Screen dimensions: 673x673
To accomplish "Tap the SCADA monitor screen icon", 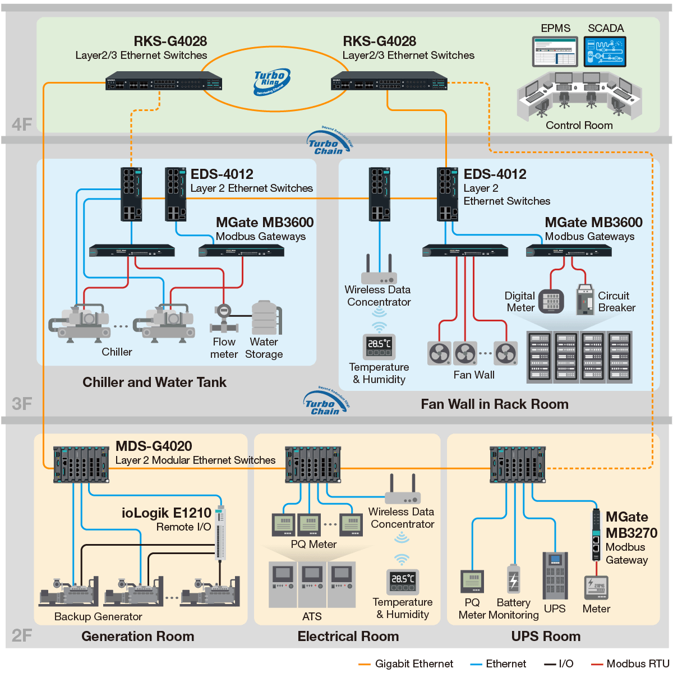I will click(605, 52).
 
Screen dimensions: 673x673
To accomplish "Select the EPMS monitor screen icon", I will click(555, 52).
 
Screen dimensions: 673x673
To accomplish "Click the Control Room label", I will click(579, 126).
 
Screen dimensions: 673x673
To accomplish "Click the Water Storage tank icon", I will click(265, 317).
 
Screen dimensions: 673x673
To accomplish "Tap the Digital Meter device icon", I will click(551, 301).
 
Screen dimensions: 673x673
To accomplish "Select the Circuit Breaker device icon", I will click(585, 299).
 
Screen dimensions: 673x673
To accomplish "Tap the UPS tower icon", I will click(555, 575).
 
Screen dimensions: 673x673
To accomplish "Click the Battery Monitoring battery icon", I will click(513, 580).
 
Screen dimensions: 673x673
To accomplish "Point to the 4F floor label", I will click(22, 124).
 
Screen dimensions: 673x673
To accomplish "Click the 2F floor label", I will click(22, 635).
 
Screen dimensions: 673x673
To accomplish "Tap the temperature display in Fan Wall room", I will click(379, 346).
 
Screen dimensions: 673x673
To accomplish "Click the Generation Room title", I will click(137, 637).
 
